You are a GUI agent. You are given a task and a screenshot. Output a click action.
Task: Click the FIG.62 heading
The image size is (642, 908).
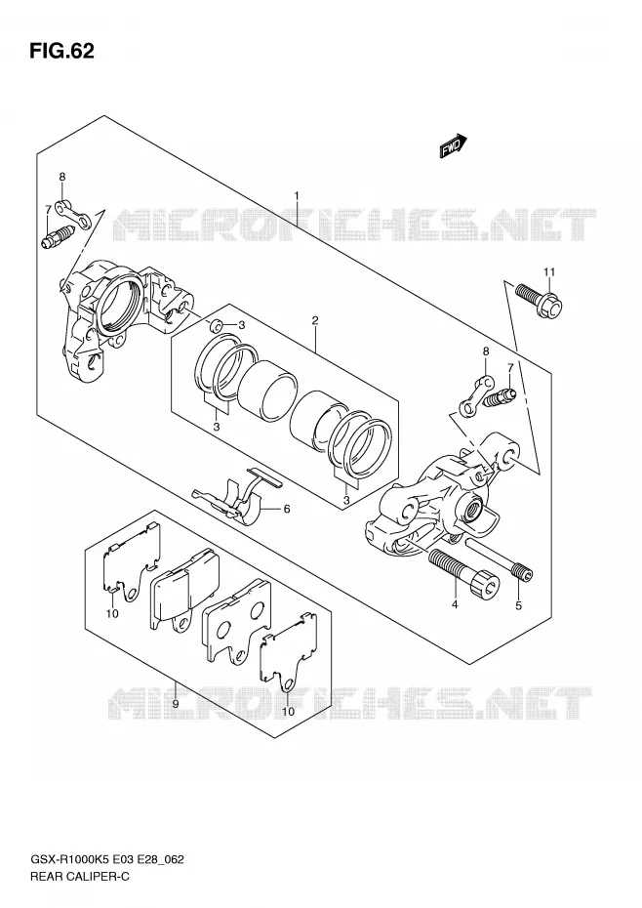[60, 52]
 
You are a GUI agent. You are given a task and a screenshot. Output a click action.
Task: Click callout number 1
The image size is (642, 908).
[297, 196]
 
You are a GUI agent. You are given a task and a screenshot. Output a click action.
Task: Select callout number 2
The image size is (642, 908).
[315, 320]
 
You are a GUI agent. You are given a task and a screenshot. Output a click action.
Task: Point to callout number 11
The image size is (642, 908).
[549, 271]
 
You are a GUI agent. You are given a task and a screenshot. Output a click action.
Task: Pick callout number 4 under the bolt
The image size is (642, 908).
[455, 604]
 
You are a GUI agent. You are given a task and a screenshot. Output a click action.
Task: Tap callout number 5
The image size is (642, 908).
[518, 605]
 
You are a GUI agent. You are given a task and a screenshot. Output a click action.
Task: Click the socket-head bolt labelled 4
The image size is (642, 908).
[462, 574]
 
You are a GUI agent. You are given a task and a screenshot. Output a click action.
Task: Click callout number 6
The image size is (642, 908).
[286, 509]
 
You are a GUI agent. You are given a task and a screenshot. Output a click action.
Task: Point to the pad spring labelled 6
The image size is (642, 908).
[236, 493]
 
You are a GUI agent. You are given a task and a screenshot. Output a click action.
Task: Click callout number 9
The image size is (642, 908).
[175, 704]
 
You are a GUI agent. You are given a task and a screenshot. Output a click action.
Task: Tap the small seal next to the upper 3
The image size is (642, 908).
[216, 325]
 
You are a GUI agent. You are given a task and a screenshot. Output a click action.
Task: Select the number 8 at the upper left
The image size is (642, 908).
[62, 177]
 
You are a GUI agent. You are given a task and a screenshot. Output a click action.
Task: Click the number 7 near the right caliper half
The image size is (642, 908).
[510, 367]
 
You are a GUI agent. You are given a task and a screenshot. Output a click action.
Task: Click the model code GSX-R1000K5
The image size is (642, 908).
[68, 859]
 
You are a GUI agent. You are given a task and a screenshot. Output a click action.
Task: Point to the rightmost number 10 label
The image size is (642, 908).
[288, 711]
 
